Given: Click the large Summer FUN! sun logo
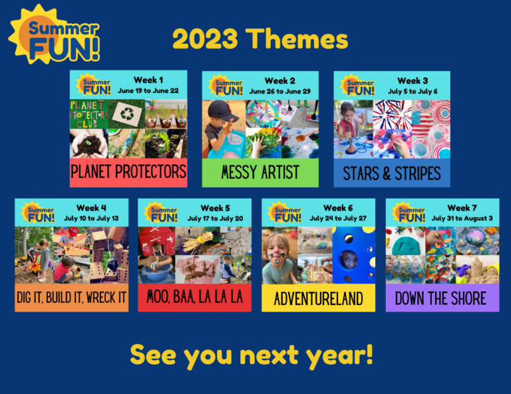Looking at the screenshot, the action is tap(54, 35).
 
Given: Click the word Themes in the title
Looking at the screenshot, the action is tap(297, 39).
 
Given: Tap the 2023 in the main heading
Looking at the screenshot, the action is tap(205, 39).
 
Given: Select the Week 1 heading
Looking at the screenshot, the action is tap(148, 80).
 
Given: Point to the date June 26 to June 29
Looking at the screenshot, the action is tap(280, 92).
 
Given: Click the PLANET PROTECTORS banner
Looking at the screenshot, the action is tap(128, 172).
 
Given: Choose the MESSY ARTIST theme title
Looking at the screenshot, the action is tap(260, 172).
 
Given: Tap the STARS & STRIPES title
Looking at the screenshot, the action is tap(392, 173).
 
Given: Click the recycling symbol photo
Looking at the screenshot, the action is tap(127, 114).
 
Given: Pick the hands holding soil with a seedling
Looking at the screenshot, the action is tap(89, 144).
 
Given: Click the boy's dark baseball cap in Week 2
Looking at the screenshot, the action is tap(222, 110).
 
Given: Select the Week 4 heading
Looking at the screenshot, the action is tap(91, 207).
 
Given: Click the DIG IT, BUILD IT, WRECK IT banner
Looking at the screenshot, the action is tap(71, 298).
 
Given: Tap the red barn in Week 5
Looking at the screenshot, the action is tap(156, 241).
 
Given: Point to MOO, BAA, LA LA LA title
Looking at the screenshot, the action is tap(194, 297).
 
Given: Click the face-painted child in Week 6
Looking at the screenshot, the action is tap(278, 257).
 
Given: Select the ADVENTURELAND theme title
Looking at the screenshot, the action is tap(319, 299).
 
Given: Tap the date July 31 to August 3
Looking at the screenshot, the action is tap(462, 219).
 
